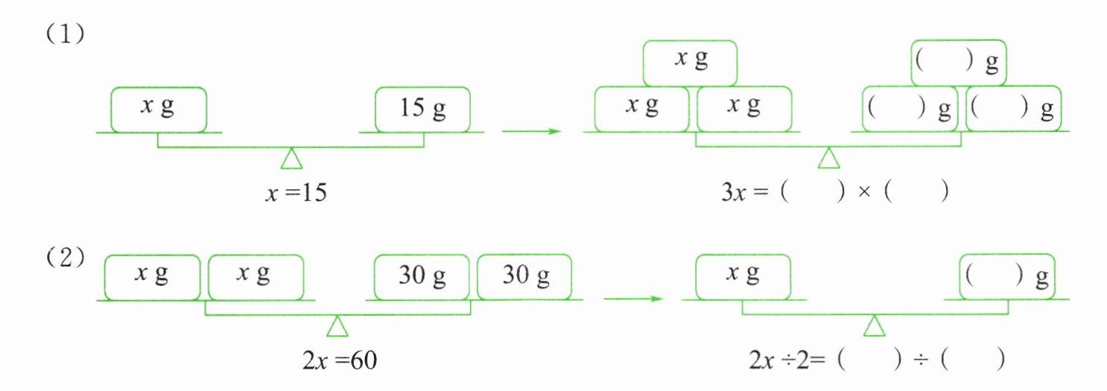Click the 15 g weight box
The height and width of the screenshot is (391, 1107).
tap(422, 109)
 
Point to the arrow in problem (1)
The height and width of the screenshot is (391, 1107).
tap(530, 132)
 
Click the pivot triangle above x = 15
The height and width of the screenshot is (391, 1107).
tap(291, 159)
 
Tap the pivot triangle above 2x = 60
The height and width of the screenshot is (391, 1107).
tap(337, 326)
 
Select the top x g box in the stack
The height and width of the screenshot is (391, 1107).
tap(690, 63)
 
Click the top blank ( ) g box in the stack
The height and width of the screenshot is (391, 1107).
tap(959, 63)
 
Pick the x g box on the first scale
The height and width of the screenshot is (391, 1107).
tap(158, 109)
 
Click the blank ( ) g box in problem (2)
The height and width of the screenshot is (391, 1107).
tap(1007, 276)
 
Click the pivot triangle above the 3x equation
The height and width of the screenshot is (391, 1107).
tap(828, 159)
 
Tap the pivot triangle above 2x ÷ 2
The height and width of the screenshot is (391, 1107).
tap(874, 326)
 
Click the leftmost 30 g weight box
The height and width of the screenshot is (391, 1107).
tap(422, 276)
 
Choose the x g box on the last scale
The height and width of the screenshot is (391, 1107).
tap(742, 276)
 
